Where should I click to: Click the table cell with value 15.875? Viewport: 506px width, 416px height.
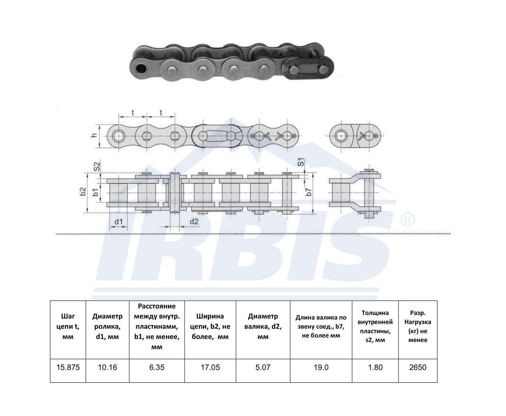[x=68, y=367]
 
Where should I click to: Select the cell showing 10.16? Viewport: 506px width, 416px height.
[x=107, y=367]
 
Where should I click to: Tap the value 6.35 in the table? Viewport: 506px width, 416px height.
[x=157, y=367]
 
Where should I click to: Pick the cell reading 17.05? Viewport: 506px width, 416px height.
[x=210, y=367]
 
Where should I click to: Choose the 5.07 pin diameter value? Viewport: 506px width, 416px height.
[x=263, y=367]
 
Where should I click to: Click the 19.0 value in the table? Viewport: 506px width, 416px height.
[x=321, y=367]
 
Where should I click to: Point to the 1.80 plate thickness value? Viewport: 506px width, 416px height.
[x=375, y=367]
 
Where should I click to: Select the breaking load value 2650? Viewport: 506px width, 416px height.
[x=418, y=367]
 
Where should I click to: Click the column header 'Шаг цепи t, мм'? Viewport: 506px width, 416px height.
[x=68, y=326]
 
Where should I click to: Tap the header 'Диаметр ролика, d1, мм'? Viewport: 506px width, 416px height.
[x=107, y=326]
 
